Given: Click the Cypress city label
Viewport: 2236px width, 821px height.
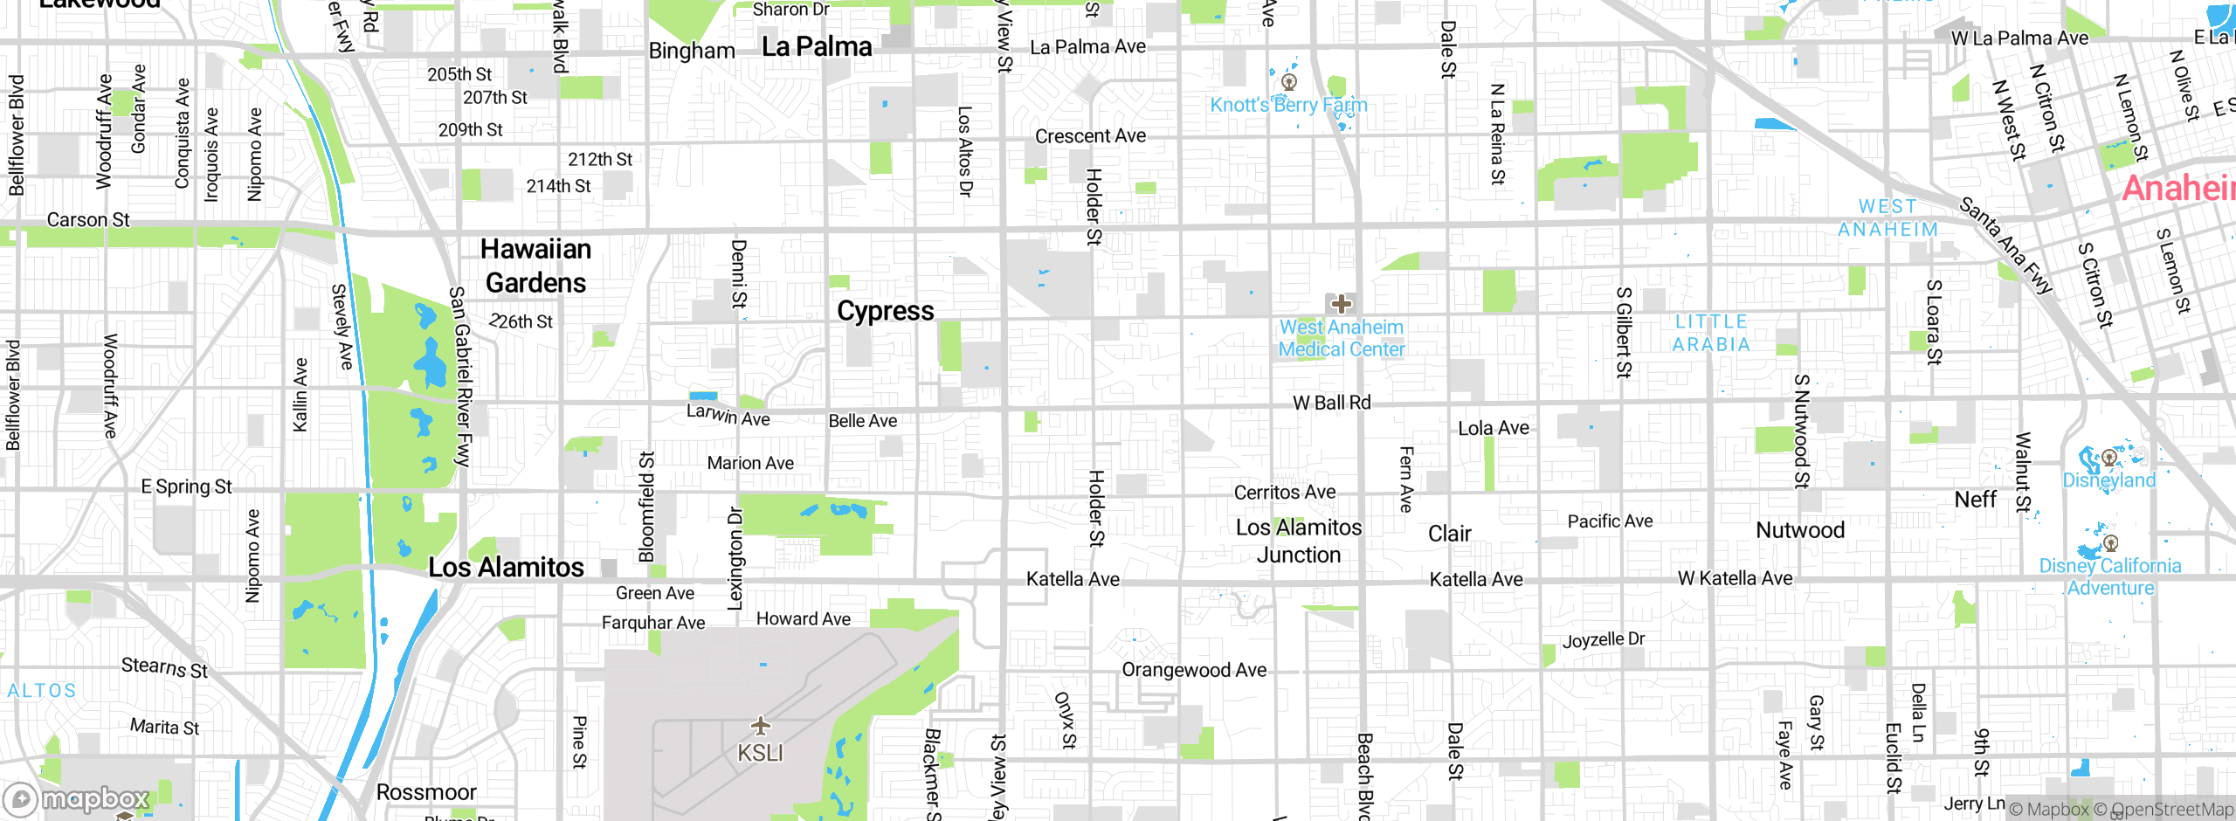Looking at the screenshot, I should point(885,311).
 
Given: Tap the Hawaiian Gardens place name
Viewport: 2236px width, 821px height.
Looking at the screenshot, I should point(535,266).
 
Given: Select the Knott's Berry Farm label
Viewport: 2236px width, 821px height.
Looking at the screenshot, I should point(1288,105).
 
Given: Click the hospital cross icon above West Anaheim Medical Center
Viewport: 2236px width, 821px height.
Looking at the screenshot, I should point(1341,304).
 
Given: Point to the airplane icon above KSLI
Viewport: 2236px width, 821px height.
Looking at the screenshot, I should point(761,725).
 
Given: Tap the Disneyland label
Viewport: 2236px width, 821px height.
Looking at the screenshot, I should point(2108,479).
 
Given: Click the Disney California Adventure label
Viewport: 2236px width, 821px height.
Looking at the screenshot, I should point(2110,576).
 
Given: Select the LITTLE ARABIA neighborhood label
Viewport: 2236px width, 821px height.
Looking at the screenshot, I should point(1711,333).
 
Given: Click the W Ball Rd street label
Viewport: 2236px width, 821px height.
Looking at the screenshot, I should point(1331,403).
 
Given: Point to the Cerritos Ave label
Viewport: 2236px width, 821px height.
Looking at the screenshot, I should point(1284,493).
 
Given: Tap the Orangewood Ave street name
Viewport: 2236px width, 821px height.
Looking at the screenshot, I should point(1193,670).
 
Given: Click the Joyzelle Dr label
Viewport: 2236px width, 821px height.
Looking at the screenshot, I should point(1604,640).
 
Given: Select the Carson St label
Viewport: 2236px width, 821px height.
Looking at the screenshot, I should point(88,220).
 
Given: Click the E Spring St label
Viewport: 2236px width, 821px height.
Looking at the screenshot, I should point(186,486).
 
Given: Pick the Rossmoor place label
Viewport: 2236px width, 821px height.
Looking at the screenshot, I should point(426,792).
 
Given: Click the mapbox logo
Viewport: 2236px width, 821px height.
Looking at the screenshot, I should point(77,799).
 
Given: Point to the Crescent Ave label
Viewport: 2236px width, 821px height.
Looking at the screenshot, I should point(1090,136).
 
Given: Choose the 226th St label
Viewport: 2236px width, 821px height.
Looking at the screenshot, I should point(521,321).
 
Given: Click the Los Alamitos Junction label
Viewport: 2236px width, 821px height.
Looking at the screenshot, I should point(1299,541).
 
